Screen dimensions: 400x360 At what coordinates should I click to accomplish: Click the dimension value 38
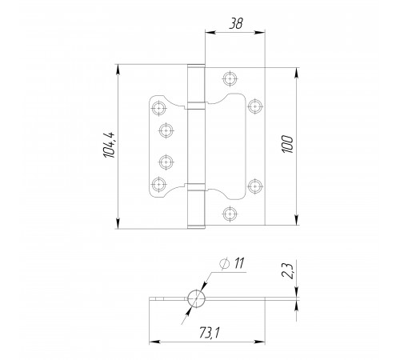click(236, 23)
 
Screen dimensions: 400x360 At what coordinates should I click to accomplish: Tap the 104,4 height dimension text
click(110, 145)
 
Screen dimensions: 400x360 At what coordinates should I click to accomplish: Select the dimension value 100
click(287, 144)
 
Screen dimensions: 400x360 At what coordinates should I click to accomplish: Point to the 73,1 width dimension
click(210, 333)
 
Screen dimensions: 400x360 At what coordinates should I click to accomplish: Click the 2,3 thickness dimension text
click(287, 270)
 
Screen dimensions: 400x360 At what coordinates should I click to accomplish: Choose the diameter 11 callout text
click(239, 263)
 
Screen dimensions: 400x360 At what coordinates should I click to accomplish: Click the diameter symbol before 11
click(225, 263)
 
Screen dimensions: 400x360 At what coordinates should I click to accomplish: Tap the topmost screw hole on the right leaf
click(230, 78)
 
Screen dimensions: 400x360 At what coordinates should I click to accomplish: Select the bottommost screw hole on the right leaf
click(230, 214)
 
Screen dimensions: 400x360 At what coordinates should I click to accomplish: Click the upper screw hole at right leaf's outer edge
click(255, 106)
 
